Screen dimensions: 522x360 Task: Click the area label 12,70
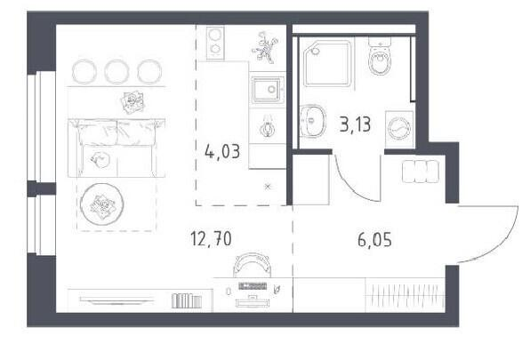coord(211,239)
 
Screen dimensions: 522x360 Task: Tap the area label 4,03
coord(222,152)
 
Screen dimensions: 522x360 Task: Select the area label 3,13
coord(355,124)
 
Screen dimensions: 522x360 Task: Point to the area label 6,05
coord(375,239)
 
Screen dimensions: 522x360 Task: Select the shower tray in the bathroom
coord(327,63)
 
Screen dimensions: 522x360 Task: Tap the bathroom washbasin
coord(313,121)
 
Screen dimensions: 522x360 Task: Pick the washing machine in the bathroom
coord(399,129)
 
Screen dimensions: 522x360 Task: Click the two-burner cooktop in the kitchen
coord(215,43)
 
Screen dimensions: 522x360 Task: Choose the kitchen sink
coord(268,89)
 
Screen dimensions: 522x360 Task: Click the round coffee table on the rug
coord(102,204)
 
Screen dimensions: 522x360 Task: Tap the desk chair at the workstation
coord(252,264)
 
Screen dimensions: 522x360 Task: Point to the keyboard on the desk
coord(253,285)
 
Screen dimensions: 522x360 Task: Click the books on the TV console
coord(187,300)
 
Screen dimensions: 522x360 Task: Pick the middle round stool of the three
coord(116,71)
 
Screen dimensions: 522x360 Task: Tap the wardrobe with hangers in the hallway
coord(406,295)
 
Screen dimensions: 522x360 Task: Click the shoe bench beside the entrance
coord(421,171)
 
